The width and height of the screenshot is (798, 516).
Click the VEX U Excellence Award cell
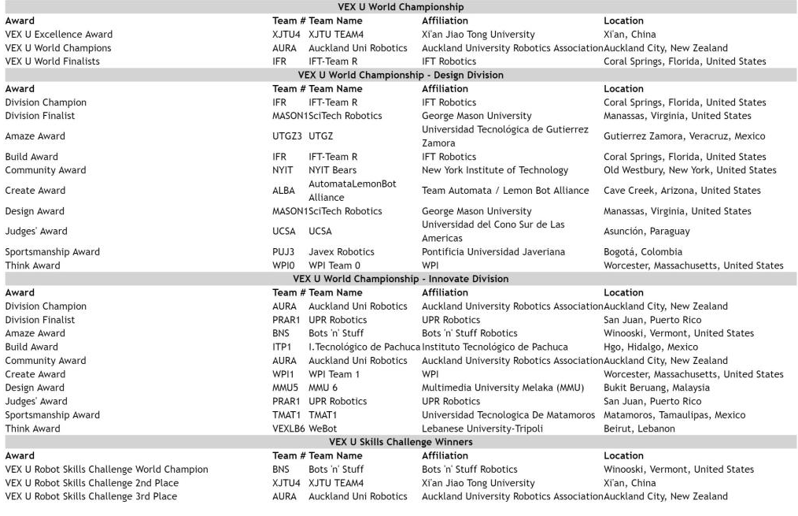click(x=59, y=35)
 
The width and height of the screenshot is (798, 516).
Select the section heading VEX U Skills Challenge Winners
click(x=401, y=442)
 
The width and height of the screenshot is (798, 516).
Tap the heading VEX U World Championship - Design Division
click(x=401, y=75)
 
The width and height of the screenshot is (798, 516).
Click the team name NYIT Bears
click(x=332, y=170)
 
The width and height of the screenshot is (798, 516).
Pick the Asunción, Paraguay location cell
click(x=646, y=232)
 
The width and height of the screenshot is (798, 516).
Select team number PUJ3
click(x=283, y=252)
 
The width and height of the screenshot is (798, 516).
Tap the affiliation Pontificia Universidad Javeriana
click(x=493, y=252)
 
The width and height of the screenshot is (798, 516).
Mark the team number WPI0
click(x=283, y=265)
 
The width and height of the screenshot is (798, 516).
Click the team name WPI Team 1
click(x=334, y=374)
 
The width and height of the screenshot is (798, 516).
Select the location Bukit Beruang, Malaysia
click(x=656, y=388)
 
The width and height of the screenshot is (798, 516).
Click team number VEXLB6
click(x=289, y=429)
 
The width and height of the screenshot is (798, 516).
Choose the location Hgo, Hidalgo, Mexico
click(x=651, y=347)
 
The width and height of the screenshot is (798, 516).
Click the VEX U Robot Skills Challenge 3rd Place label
click(x=91, y=496)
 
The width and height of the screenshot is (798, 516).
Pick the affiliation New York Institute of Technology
click(x=495, y=170)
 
